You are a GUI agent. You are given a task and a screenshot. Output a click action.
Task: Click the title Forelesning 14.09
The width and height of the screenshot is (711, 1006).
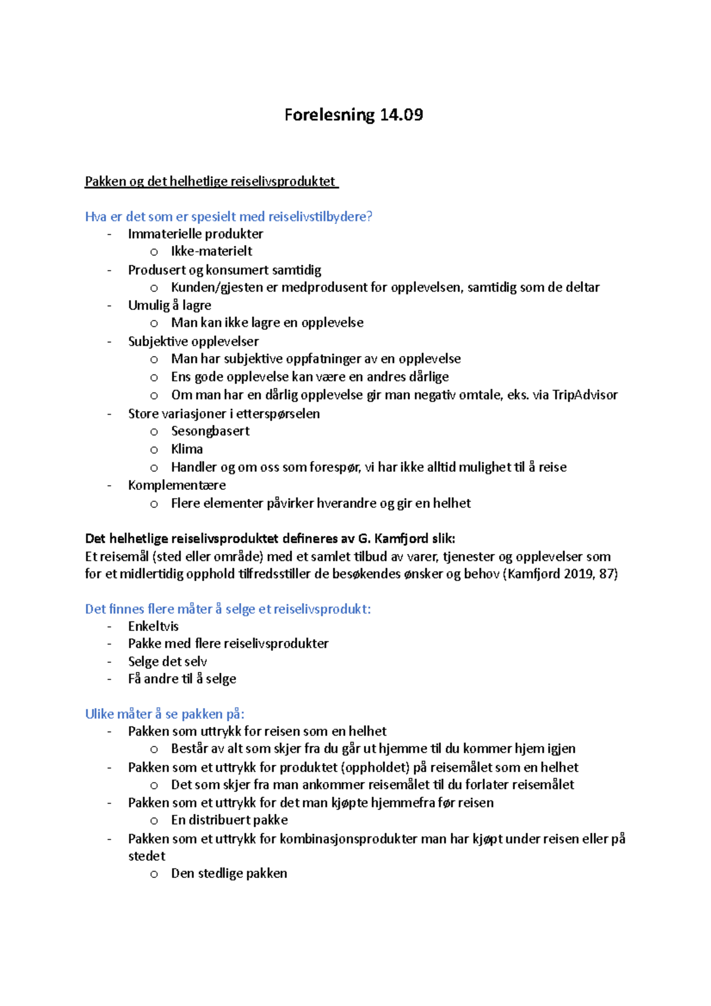(x=353, y=114)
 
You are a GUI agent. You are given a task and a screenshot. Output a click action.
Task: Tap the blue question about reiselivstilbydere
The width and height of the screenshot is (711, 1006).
(x=229, y=217)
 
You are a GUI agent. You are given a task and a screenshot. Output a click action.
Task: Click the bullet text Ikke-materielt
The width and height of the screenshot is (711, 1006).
(x=212, y=251)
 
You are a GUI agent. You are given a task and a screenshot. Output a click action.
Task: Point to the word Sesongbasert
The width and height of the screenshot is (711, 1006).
(x=210, y=431)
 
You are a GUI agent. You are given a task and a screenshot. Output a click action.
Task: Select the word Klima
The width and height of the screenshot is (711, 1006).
(x=187, y=449)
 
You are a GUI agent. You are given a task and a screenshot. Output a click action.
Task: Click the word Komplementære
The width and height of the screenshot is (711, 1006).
(x=177, y=485)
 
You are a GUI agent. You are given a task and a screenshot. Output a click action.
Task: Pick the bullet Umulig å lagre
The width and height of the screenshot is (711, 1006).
(x=169, y=306)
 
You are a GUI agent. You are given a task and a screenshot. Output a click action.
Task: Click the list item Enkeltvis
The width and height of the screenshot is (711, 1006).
(x=153, y=626)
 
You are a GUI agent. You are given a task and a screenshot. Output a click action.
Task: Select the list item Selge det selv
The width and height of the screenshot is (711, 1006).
(x=167, y=662)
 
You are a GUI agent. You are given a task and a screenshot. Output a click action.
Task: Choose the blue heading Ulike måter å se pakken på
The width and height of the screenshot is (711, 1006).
(x=165, y=714)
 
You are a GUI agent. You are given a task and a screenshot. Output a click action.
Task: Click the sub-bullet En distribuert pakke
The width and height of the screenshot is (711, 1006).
(x=229, y=821)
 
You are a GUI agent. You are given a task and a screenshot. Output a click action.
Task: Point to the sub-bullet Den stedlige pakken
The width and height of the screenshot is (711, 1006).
(x=229, y=873)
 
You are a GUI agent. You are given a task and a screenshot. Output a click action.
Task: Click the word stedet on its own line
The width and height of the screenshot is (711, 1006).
(x=146, y=856)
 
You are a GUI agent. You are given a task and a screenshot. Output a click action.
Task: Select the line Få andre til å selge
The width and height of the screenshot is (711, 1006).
(x=182, y=679)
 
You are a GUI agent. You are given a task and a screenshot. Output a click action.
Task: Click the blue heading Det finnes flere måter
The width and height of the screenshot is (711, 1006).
(x=228, y=609)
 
